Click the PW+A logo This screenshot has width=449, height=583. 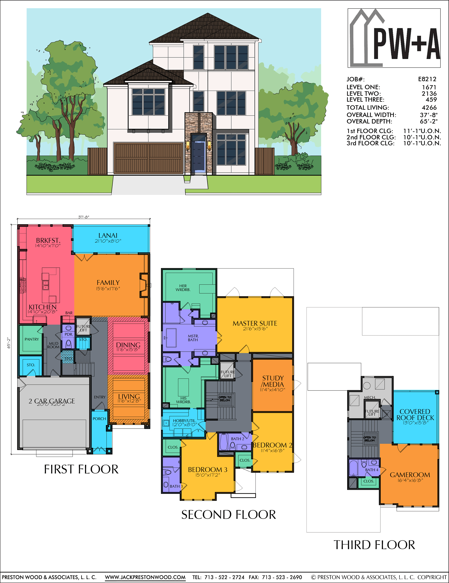coord(394,38)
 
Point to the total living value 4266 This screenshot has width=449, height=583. coord(429,108)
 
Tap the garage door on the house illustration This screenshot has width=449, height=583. coord(148,158)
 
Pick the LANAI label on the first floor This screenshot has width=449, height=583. coord(108,235)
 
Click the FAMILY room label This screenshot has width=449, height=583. coord(108,283)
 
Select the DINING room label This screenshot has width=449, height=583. coord(128,345)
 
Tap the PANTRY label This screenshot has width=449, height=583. coord(32,339)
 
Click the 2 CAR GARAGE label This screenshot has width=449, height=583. coord(52,401)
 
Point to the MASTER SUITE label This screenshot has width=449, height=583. coord(255,323)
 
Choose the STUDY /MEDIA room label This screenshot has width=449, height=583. coord(273,381)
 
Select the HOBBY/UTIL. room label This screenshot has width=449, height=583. coord(185,421)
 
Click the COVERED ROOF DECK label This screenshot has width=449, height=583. coord(415,414)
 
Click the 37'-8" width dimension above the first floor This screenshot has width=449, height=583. coord(84,217)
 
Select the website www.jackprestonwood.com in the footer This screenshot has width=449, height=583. coord(145,577)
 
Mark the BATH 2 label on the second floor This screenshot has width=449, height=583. coord(237,439)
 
